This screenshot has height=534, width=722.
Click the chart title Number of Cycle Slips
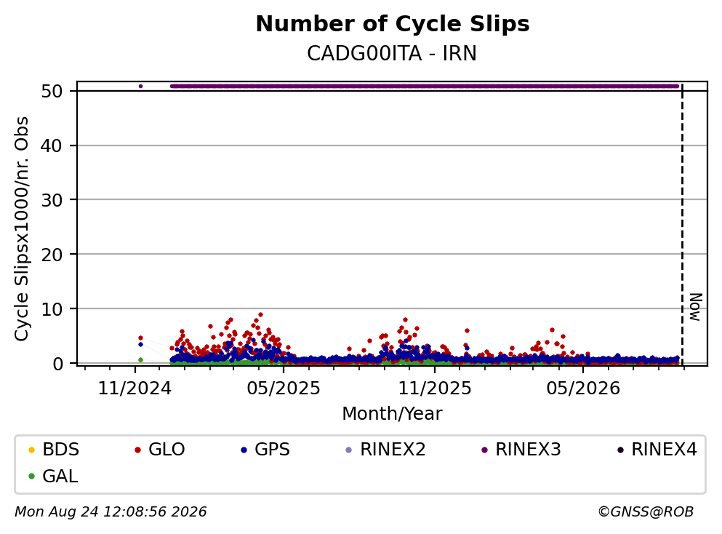click(393, 24)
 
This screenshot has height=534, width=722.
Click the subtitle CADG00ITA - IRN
click(392, 53)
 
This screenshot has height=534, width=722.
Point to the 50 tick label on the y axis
click(52, 91)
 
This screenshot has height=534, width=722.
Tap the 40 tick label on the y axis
click(52, 146)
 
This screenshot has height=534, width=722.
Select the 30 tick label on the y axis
click(52, 200)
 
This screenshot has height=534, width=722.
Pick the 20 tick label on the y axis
click(52, 255)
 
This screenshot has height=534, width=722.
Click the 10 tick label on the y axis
click(52, 308)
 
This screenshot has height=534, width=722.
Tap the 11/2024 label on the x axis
click(135, 388)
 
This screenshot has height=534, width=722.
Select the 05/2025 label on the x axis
click(283, 388)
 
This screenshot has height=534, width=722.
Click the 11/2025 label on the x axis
click(435, 388)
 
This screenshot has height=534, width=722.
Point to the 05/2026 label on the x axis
click(583, 388)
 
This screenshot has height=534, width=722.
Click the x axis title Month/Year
click(392, 414)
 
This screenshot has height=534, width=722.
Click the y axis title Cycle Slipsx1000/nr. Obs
click(22, 228)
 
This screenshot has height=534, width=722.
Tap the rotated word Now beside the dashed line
click(696, 307)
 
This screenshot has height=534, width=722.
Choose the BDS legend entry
click(54, 449)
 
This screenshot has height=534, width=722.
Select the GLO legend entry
click(160, 449)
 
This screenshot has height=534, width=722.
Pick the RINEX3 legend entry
click(521, 449)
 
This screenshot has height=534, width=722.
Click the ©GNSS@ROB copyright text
click(646, 511)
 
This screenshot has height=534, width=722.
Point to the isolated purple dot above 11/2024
click(140, 86)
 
